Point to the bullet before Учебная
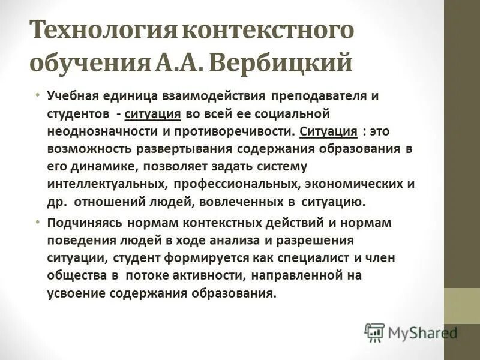[37, 95]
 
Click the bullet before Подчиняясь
[37, 221]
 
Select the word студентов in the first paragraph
[76, 113]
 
